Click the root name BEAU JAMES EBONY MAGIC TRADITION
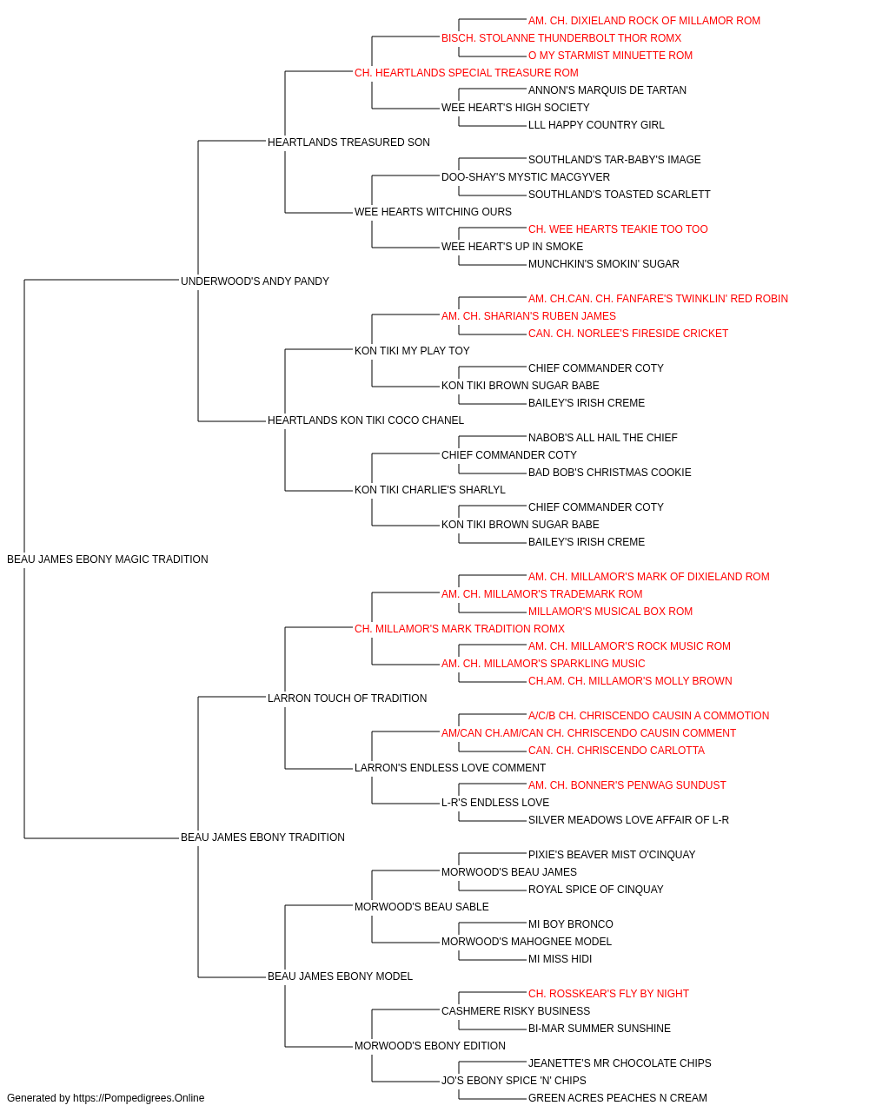[x=108, y=559]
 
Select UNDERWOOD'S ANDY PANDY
[x=255, y=281]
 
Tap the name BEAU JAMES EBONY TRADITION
[x=262, y=837]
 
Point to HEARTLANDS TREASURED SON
[x=348, y=142]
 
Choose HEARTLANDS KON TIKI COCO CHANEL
[x=366, y=420]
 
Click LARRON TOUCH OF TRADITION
[x=347, y=698]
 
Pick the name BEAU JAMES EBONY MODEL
[x=340, y=976]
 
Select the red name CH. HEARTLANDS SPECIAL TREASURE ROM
[x=467, y=73]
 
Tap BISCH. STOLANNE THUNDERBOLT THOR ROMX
[x=561, y=38]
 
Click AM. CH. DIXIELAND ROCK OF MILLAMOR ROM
[x=644, y=21]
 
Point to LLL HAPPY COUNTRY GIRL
[x=596, y=125]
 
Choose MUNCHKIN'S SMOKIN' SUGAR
[x=604, y=264]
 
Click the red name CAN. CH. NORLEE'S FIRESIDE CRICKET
[x=628, y=334]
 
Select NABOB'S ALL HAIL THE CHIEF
[x=603, y=438]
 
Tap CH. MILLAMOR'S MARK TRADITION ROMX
[x=460, y=629]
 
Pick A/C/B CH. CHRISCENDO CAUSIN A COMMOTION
[x=649, y=716]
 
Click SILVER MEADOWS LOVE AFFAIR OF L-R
[x=628, y=820]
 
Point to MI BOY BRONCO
[x=571, y=924]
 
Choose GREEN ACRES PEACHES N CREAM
[x=618, y=1098]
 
